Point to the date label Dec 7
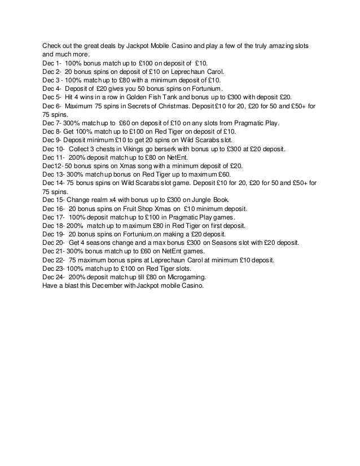tap(51, 124)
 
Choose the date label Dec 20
tap(52, 242)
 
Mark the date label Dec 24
tap(52, 276)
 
